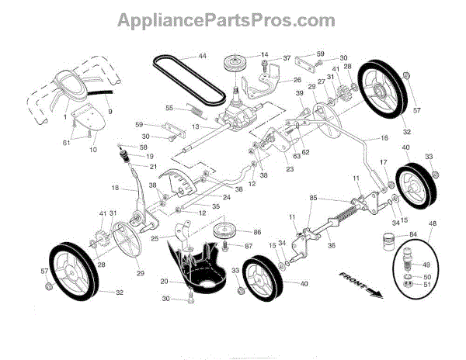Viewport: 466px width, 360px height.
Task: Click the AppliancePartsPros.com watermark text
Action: pyautogui.click(x=233, y=19)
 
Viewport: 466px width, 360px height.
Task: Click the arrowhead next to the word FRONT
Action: pyautogui.click(x=377, y=292)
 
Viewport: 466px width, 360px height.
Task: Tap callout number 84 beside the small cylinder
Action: pyautogui.click(x=412, y=234)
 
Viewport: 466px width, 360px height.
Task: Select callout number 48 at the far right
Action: pyautogui.click(x=433, y=223)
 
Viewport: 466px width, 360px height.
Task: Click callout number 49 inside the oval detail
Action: pyautogui.click(x=426, y=265)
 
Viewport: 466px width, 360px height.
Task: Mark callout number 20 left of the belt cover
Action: pyautogui.click(x=164, y=281)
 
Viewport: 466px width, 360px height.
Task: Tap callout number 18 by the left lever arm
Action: pyautogui.click(x=115, y=188)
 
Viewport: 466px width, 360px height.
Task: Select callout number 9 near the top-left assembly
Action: pyautogui.click(x=110, y=112)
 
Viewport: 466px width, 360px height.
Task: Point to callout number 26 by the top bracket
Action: pyautogui.click(x=296, y=80)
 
